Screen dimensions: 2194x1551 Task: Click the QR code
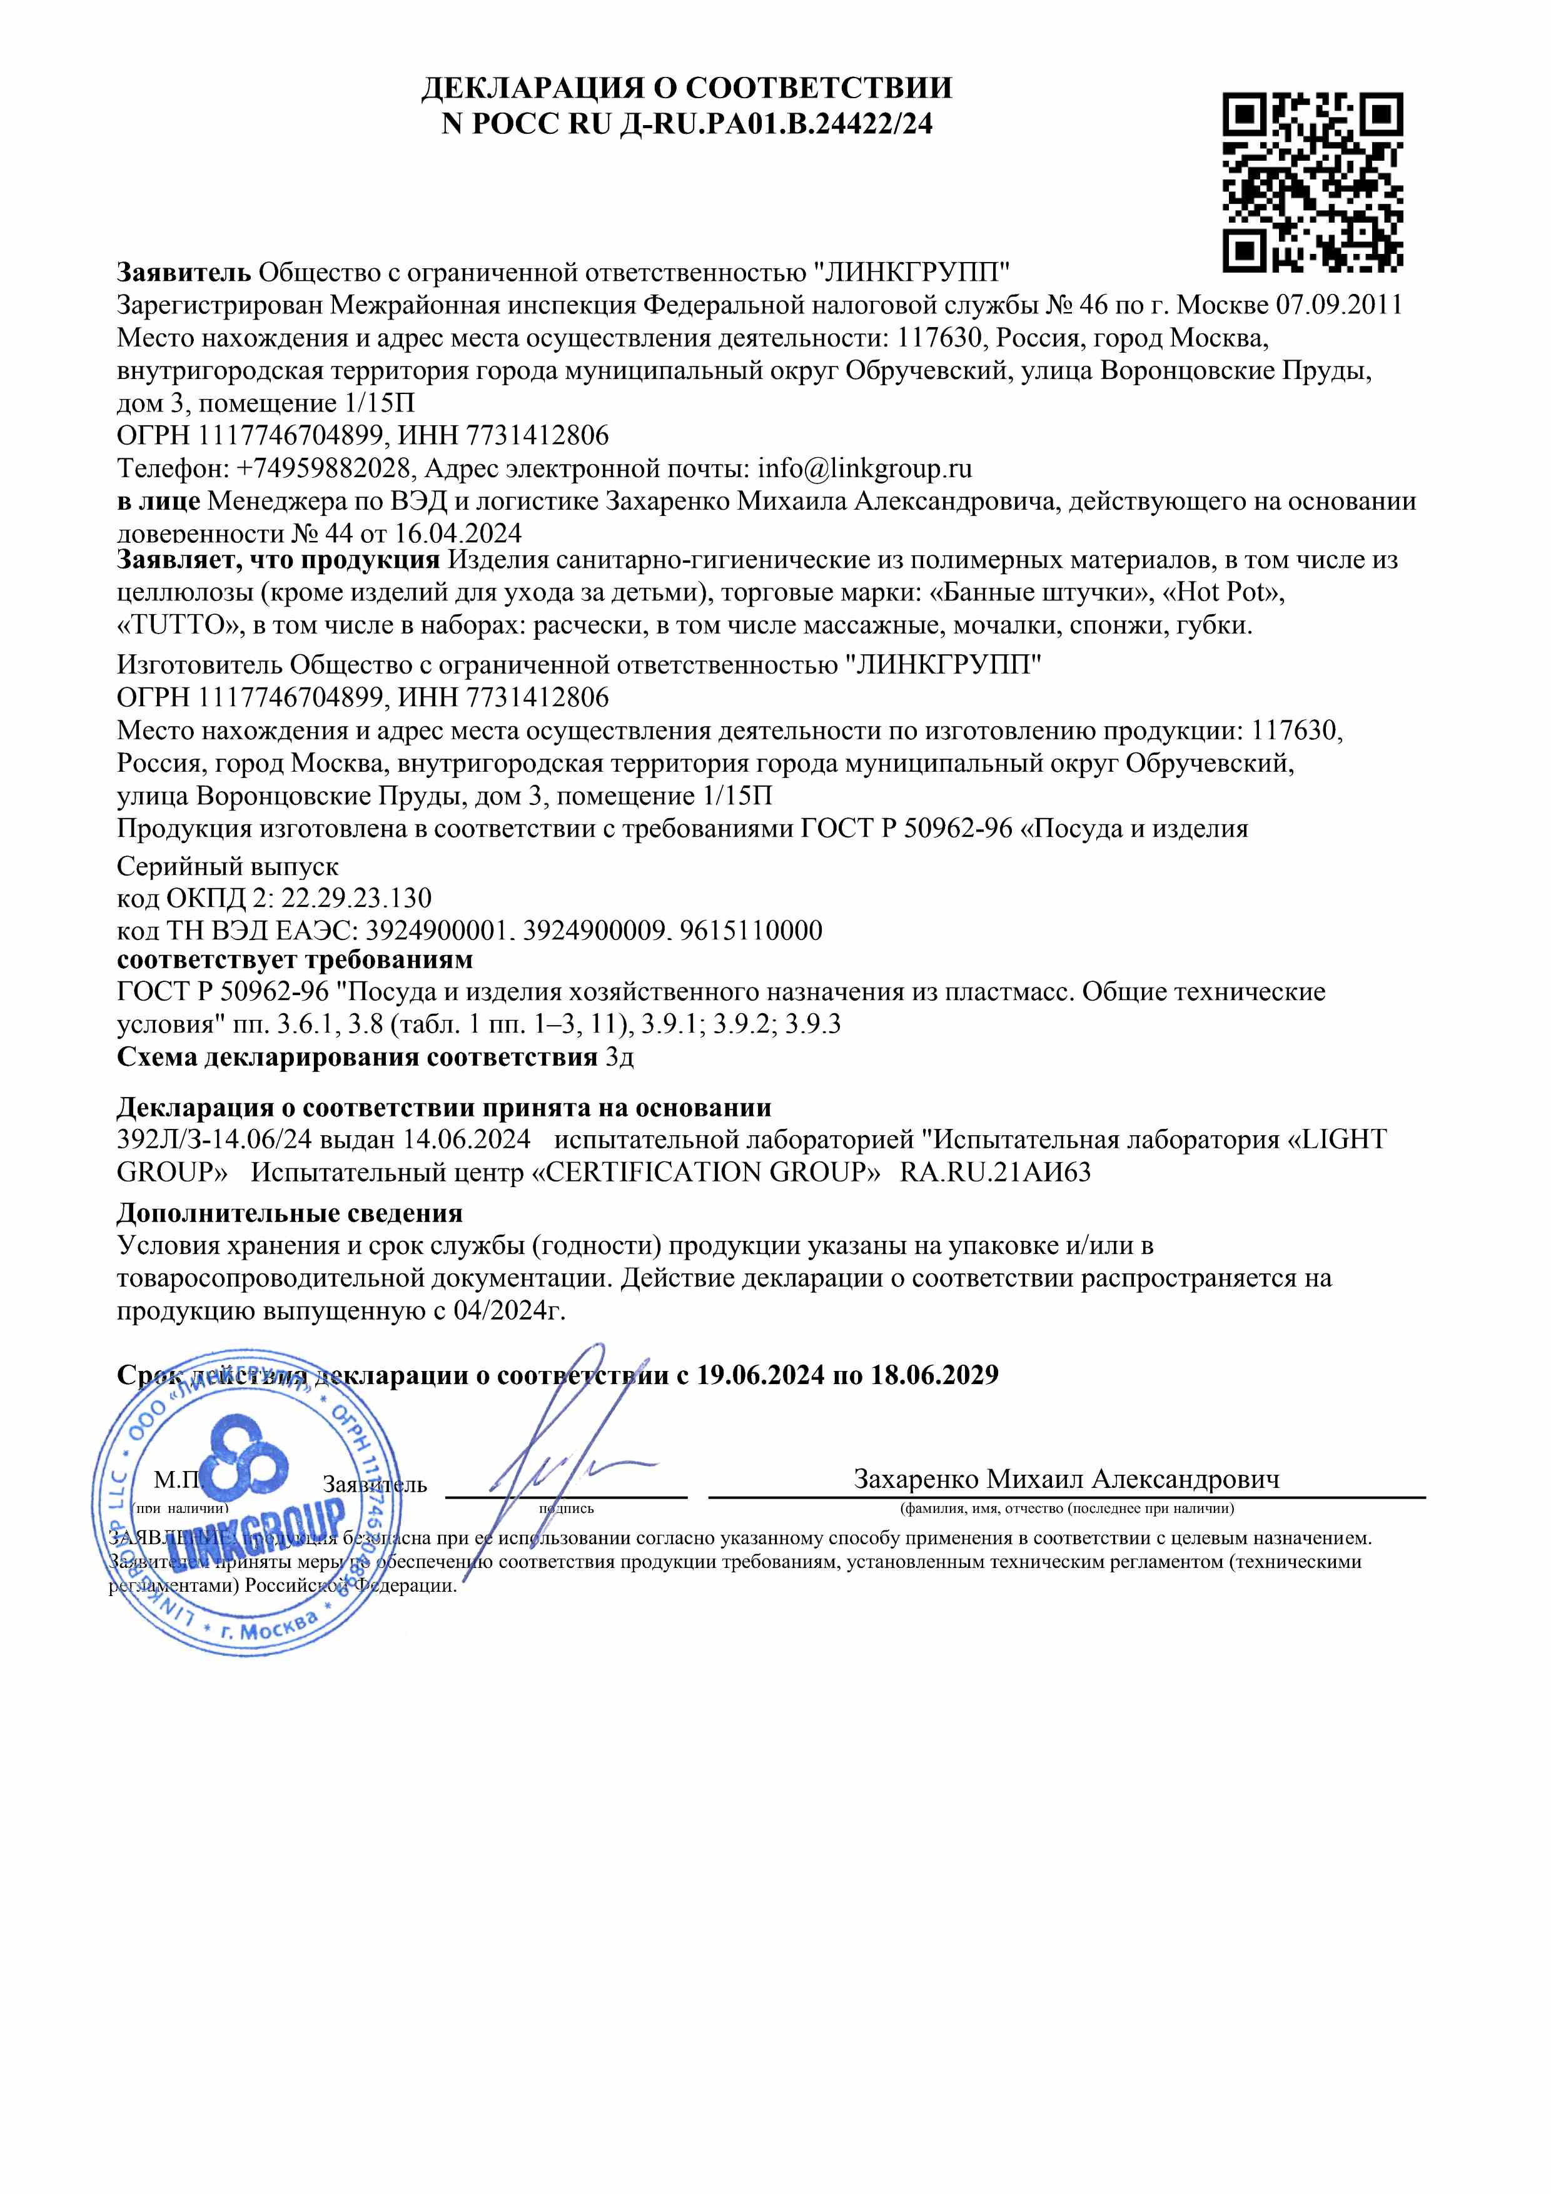pos(1313,181)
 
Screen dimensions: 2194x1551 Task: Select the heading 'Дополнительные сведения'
pos(290,1213)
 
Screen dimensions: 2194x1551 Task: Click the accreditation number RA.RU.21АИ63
pos(995,1173)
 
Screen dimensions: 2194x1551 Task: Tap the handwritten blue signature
pos(564,1433)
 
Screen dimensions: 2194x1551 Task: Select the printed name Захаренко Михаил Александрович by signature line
pos(1066,1479)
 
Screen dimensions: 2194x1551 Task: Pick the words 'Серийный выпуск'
pos(228,867)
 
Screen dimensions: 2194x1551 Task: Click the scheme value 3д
pos(619,1057)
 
